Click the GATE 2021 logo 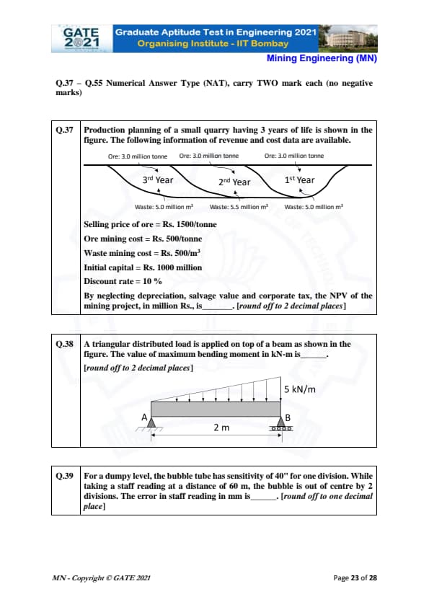point(81,38)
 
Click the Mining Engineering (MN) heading point(322,58)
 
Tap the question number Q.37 point(64,130)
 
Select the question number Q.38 point(64,344)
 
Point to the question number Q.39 point(64,476)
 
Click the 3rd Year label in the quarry point(158,180)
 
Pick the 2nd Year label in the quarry point(234,182)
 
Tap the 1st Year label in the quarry point(299,180)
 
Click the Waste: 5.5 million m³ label point(239,207)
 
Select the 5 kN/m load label point(300,389)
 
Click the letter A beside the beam point(144,417)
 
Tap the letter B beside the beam point(288,417)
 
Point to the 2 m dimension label point(221,427)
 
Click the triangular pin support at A point(151,422)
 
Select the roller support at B point(281,424)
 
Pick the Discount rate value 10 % point(152,281)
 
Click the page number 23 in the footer point(355,578)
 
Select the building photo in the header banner point(348,38)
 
